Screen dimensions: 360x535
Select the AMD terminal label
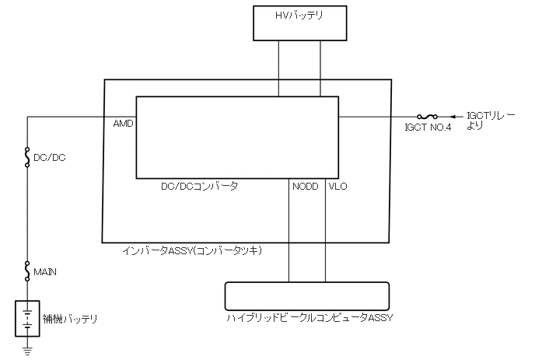124,124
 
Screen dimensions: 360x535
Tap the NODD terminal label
305,187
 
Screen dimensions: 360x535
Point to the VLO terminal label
338,187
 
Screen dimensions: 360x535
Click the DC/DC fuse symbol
27,157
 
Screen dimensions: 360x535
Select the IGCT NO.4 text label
428,128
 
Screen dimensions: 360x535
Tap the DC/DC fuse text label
50,158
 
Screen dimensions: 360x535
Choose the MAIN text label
46,272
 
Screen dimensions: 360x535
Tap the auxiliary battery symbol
27,317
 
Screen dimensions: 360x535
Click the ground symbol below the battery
27,349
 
